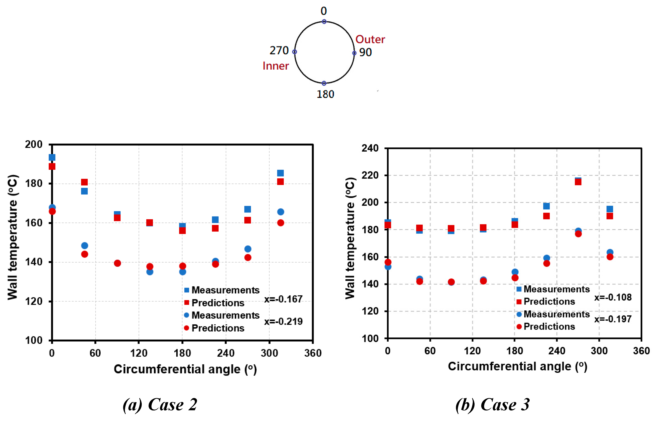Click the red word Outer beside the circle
click(x=370, y=39)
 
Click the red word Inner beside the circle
click(x=276, y=66)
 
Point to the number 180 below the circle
click(x=325, y=94)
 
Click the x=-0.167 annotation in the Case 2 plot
click(x=283, y=299)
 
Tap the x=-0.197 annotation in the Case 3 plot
click(x=613, y=319)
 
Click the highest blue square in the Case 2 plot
click(x=52, y=157)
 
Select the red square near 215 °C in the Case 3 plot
click(x=578, y=182)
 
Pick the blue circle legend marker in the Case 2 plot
click(x=186, y=315)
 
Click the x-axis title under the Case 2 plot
click(x=185, y=369)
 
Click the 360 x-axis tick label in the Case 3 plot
click(x=641, y=351)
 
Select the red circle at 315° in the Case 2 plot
click(x=280, y=223)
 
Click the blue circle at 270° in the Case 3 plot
click(x=578, y=231)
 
